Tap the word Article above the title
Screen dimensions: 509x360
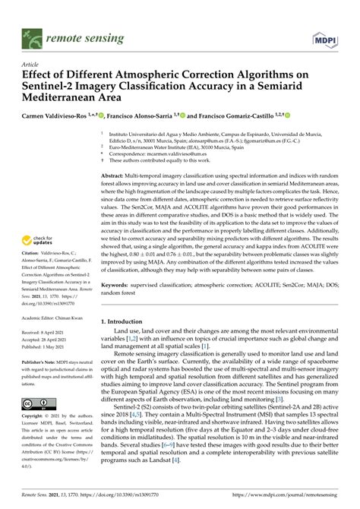tap(33, 65)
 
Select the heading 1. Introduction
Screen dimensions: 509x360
tap(125, 343)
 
